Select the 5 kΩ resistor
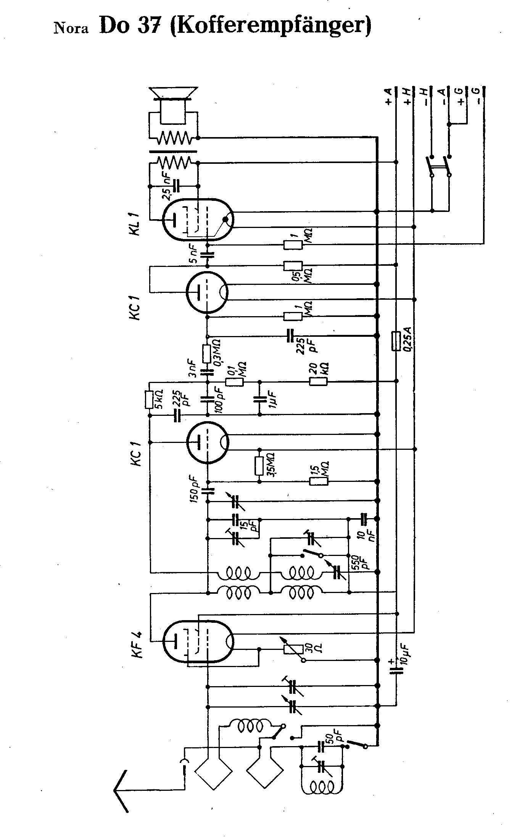[x=149, y=399]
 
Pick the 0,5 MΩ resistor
[x=293, y=265]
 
